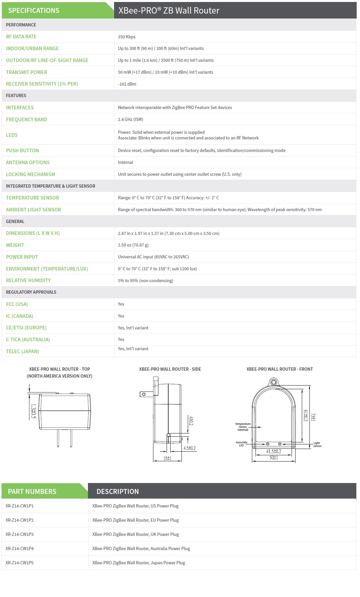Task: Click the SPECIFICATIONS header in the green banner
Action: tap(34, 11)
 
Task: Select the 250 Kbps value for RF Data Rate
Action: tap(127, 37)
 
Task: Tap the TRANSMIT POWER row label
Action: tap(26, 72)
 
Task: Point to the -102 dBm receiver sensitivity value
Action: tap(127, 84)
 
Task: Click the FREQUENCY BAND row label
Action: tap(26, 119)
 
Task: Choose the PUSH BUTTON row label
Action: tap(22, 150)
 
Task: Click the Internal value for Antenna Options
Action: tap(125, 162)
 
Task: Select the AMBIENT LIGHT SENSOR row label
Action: tap(33, 209)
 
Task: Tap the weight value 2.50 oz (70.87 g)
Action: tap(133, 245)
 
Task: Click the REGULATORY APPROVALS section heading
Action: tap(31, 292)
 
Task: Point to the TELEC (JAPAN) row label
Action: tap(22, 351)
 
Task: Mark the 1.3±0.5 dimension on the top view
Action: tap(33, 411)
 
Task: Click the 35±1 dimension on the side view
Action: tap(167, 458)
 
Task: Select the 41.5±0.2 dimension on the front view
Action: tap(273, 451)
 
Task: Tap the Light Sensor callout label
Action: tap(317, 444)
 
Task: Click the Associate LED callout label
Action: tap(241, 444)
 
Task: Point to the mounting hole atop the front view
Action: tap(273, 383)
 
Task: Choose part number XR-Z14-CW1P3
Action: tap(20, 534)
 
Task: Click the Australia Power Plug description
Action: tap(141, 548)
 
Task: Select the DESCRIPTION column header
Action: tap(117, 491)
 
